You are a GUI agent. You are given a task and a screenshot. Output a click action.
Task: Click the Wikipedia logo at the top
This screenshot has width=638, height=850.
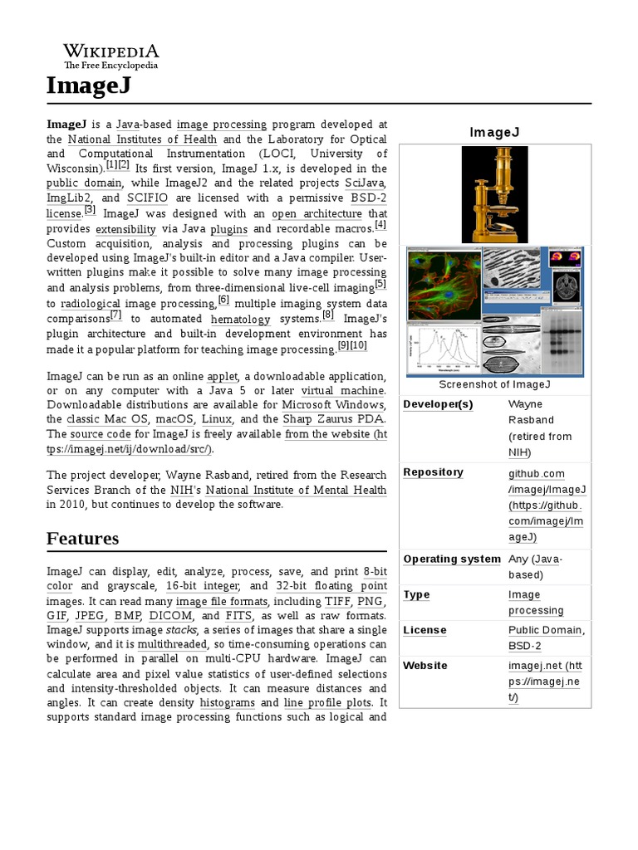pos(111,56)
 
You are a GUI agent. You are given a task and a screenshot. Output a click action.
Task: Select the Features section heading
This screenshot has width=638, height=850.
pos(82,538)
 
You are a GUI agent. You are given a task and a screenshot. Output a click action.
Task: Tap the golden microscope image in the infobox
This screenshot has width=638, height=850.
pos(494,194)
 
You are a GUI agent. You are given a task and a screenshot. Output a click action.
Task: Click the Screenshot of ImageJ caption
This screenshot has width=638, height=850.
pos(494,384)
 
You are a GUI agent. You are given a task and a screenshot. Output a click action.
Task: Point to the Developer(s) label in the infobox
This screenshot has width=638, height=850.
pos(438,404)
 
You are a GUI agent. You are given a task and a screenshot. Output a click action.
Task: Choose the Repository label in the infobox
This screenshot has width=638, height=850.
pos(433,472)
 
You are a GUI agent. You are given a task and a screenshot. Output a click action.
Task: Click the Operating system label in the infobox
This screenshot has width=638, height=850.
pos(452,559)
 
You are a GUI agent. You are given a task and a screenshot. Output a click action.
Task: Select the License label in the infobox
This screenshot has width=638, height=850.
pos(425,630)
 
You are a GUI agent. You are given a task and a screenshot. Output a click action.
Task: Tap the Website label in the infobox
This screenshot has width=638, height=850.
pos(425,666)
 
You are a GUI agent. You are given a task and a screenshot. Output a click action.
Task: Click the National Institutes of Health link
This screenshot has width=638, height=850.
pos(142,139)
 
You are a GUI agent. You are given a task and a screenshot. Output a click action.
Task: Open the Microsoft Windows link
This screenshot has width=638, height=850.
pos(334,404)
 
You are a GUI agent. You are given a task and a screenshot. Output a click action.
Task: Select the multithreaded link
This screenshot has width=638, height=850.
pos(172,645)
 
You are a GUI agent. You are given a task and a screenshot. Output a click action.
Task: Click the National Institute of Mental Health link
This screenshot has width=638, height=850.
pos(296,490)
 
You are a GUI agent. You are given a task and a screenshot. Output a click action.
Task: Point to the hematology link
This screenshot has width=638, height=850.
pos(240,319)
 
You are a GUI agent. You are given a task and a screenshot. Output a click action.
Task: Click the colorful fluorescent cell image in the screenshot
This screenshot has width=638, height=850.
pos(443,287)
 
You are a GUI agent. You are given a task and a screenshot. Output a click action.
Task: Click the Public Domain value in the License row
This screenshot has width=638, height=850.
pos(546,630)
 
